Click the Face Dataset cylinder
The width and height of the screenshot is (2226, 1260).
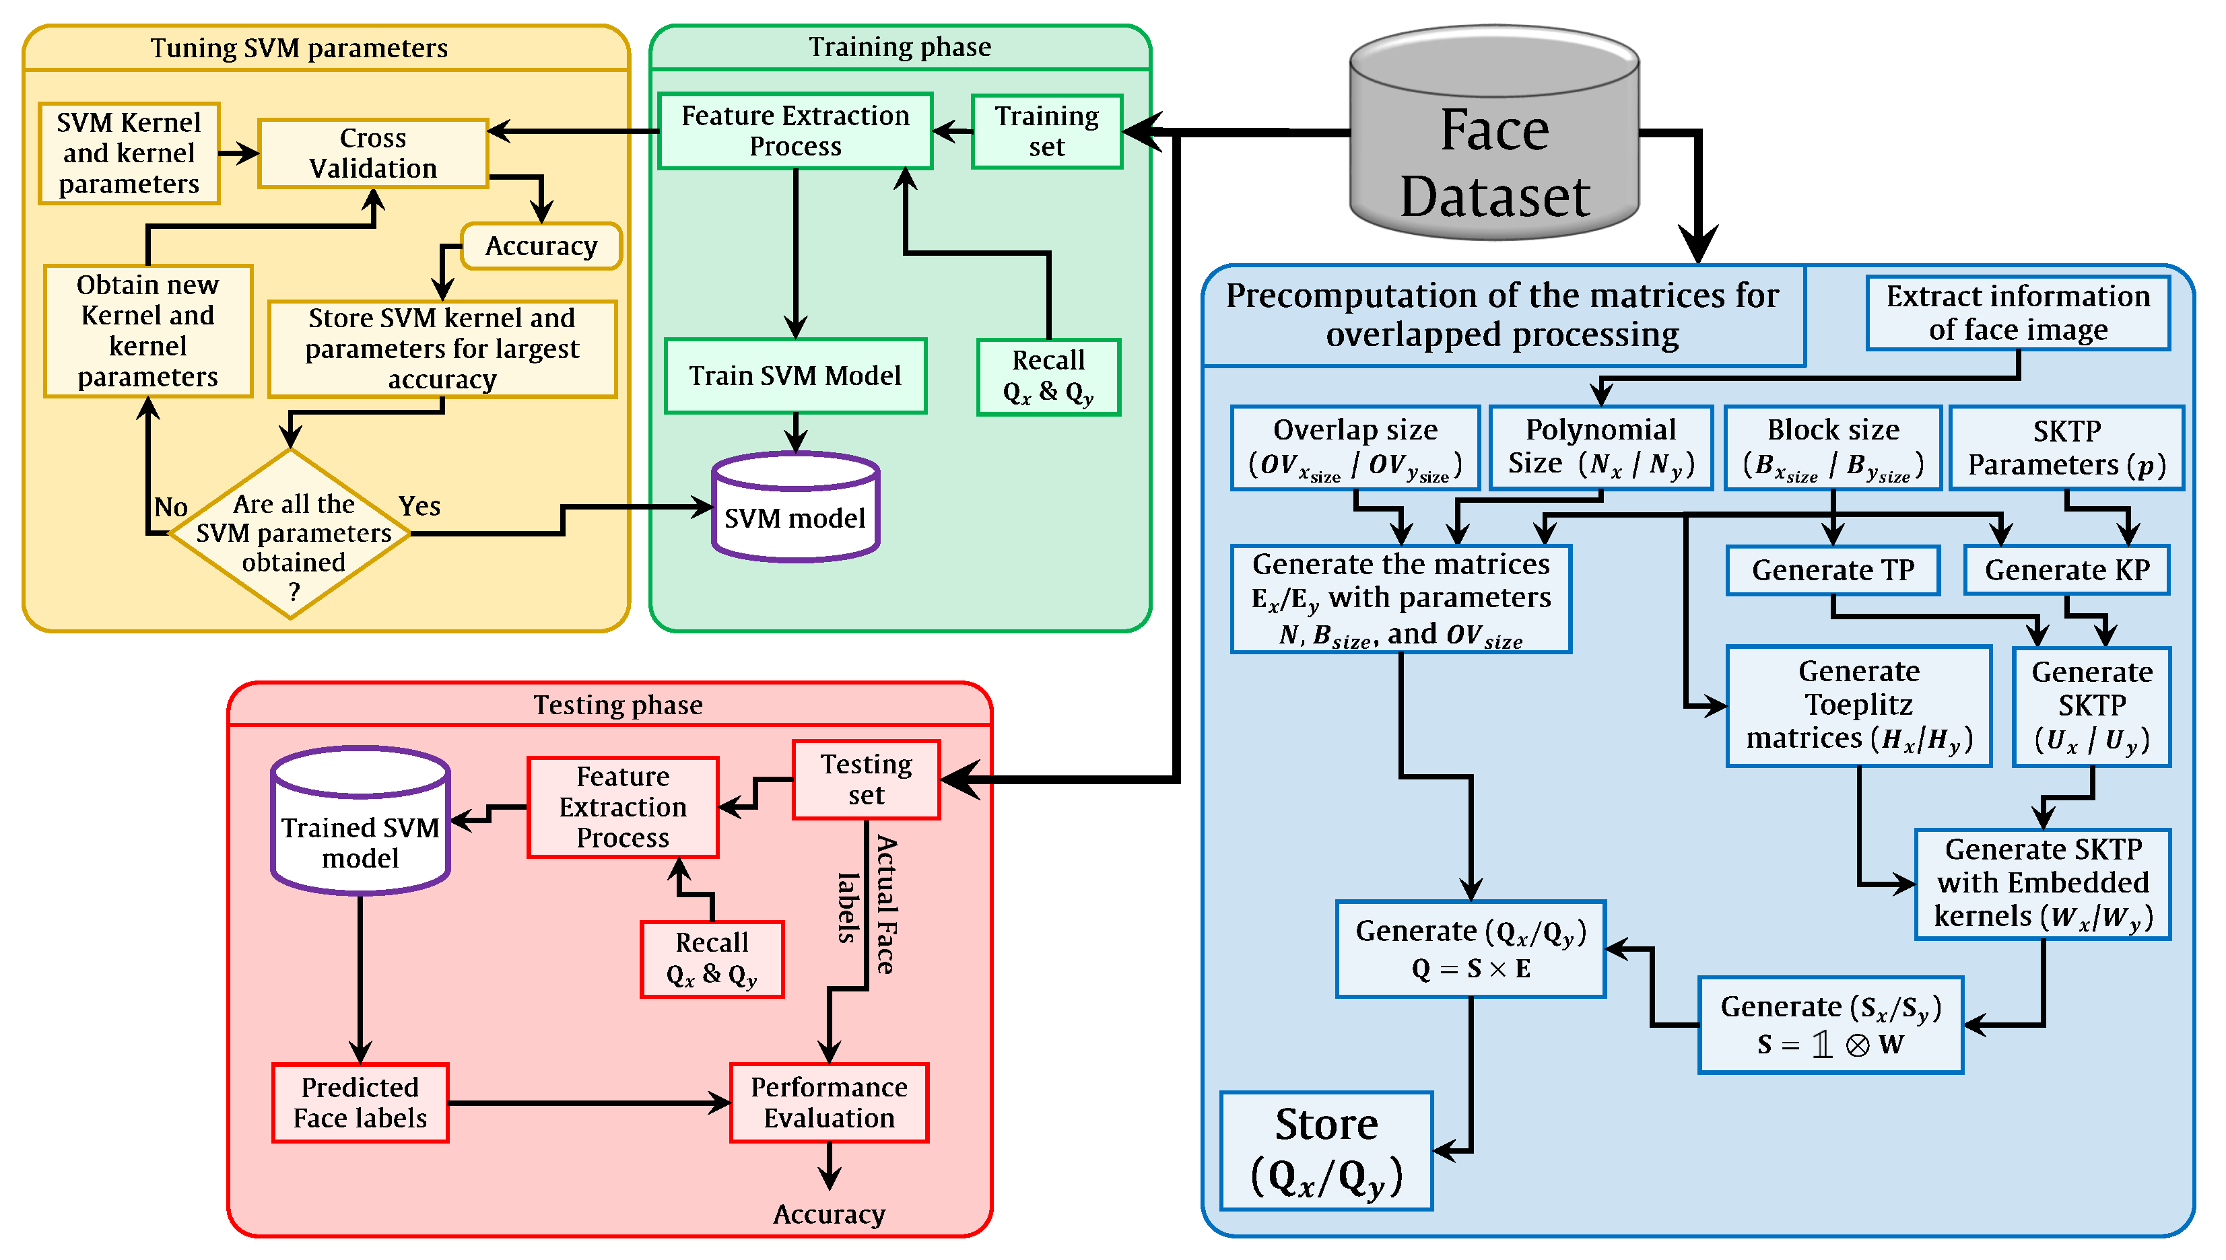(x=1494, y=133)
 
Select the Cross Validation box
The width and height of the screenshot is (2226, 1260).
(x=373, y=153)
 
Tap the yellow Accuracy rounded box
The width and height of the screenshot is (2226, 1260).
(x=541, y=246)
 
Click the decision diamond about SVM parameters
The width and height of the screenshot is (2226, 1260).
(x=291, y=533)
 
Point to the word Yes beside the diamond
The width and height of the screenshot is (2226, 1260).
(x=419, y=505)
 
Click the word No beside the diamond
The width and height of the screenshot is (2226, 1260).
(x=170, y=507)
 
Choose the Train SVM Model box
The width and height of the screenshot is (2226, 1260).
(x=795, y=376)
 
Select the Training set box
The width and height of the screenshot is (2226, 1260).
(x=1047, y=131)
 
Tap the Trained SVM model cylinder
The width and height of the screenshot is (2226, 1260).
(x=360, y=820)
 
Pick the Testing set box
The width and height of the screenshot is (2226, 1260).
(x=867, y=779)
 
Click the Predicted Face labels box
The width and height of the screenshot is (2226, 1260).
(x=360, y=1102)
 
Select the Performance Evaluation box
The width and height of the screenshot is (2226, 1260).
(x=829, y=1102)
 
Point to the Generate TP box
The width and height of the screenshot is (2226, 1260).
(x=1833, y=569)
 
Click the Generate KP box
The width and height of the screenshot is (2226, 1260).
(x=2066, y=569)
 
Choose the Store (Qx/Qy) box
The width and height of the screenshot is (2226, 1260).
(x=1326, y=1151)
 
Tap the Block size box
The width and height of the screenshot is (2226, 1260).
(x=1833, y=448)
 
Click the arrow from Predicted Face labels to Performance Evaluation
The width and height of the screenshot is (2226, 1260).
(x=589, y=1102)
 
